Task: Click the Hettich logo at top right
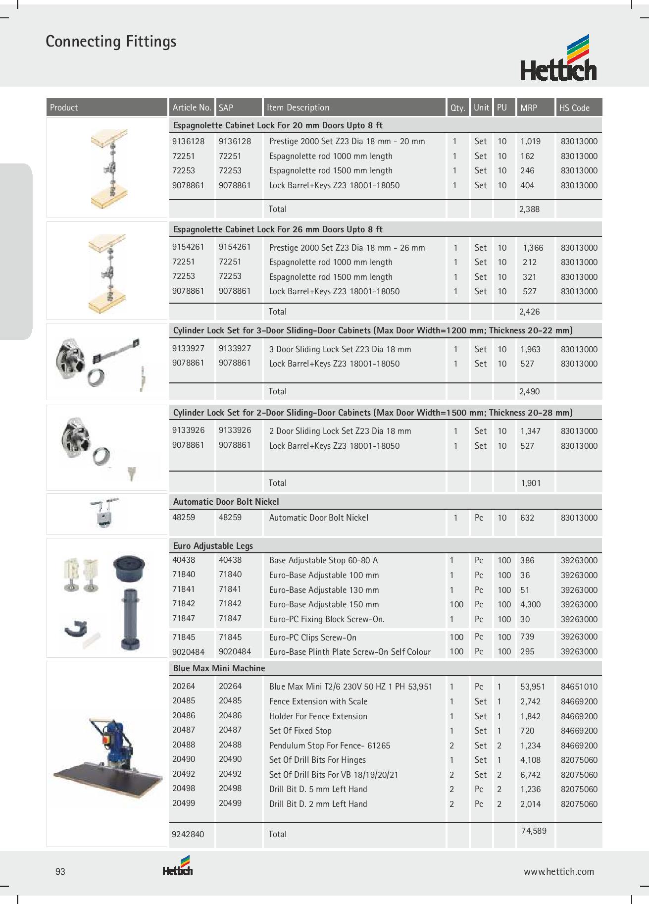pyautogui.click(x=558, y=58)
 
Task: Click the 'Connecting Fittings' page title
pyautogui.click(x=111, y=42)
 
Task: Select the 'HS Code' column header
pyautogui.click(x=574, y=107)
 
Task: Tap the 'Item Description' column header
pyautogui.click(x=298, y=107)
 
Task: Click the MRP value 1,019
pyautogui.click(x=530, y=141)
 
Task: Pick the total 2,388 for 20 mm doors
pyautogui.click(x=529, y=209)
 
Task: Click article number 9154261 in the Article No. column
pyautogui.click(x=188, y=247)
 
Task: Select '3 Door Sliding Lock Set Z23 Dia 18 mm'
pyautogui.click(x=340, y=349)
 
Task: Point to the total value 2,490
pyautogui.click(x=529, y=391)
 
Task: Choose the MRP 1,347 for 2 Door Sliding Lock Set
pyautogui.click(x=530, y=431)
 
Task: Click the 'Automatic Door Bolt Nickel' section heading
pyautogui.click(x=226, y=502)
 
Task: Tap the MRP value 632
pyautogui.click(x=527, y=518)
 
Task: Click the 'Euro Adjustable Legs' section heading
pyautogui.click(x=213, y=546)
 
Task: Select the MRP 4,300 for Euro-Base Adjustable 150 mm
pyautogui.click(x=530, y=604)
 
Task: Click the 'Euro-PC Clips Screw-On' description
pyautogui.click(x=313, y=638)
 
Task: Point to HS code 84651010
pyautogui.click(x=579, y=687)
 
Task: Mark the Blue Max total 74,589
pyautogui.click(x=534, y=831)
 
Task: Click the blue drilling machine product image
pyautogui.click(x=107, y=753)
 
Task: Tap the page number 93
pyautogui.click(x=60, y=872)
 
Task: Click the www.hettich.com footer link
pyautogui.click(x=559, y=872)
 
